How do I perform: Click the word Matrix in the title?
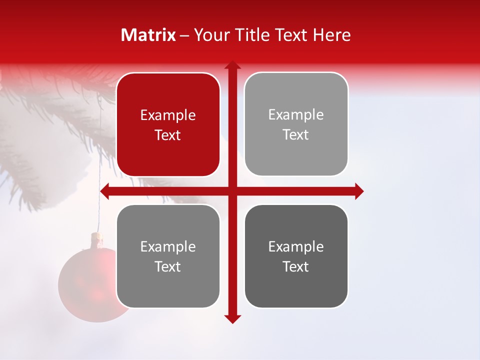[148, 35]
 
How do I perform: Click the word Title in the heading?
[252, 35]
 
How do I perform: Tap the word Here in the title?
[331, 35]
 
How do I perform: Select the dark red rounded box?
[168, 125]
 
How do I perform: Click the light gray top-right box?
[296, 124]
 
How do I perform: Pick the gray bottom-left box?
[168, 256]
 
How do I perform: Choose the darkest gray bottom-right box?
[296, 256]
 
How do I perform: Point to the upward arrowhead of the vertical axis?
[232, 64]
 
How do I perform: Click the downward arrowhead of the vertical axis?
[232, 319]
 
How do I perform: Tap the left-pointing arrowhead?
[105, 191]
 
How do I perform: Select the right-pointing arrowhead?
[359, 191]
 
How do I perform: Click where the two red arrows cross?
[232, 191]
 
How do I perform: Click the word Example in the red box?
[168, 115]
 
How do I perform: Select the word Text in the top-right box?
[296, 135]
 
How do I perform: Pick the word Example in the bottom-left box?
[168, 247]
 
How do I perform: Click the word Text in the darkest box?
[296, 266]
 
